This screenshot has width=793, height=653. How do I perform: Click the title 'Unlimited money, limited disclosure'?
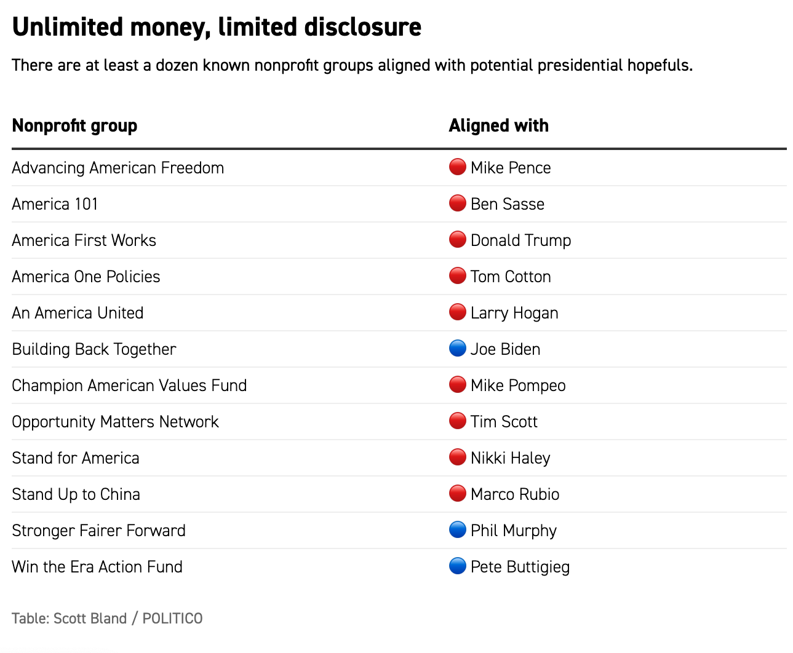[217, 27]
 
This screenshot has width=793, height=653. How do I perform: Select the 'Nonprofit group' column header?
[74, 125]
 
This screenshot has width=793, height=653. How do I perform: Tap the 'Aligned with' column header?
[498, 125]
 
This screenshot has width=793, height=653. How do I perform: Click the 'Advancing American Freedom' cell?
[118, 168]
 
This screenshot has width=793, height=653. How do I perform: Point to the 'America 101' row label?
[55, 204]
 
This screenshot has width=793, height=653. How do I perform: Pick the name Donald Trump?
[520, 240]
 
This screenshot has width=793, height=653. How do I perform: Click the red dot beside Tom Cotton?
[457, 276]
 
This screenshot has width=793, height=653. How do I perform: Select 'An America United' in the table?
[78, 313]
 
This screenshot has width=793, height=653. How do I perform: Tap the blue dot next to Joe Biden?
[457, 349]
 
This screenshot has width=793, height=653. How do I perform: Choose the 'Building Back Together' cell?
[94, 349]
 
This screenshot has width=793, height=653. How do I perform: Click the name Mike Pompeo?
[518, 386]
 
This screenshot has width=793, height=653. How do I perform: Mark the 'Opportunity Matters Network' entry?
[115, 422]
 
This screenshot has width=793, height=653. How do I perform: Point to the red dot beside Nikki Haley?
[457, 457]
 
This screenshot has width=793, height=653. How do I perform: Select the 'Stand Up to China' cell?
[76, 494]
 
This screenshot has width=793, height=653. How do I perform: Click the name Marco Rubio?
[515, 494]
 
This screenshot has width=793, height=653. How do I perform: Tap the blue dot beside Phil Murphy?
[457, 530]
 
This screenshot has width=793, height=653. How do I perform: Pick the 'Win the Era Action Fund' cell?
[97, 567]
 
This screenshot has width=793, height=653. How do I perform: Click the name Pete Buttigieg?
[520, 567]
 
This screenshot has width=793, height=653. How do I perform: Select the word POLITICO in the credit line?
[172, 619]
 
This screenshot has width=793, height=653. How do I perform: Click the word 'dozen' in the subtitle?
[177, 65]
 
